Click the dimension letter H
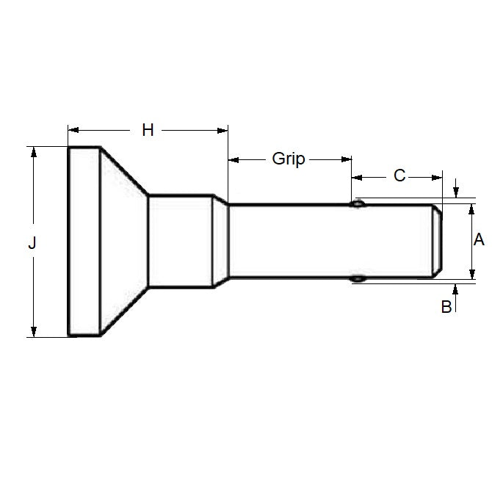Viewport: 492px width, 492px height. tap(148, 130)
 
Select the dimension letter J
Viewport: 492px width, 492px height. tap(32, 242)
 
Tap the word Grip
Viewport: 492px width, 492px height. tap(289, 159)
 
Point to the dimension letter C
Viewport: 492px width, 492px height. tap(399, 176)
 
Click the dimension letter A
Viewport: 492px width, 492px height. tap(478, 239)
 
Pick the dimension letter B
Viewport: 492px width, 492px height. tap(446, 307)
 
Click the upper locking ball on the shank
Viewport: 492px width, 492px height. tap(358, 204)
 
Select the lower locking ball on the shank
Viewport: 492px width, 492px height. tap(358, 278)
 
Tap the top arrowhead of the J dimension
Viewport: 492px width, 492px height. tap(32, 151)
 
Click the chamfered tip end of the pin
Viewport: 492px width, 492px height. tap(436, 241)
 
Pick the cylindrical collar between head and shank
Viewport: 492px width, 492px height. tap(181, 241)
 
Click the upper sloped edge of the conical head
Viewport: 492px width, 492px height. tap(124, 171)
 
